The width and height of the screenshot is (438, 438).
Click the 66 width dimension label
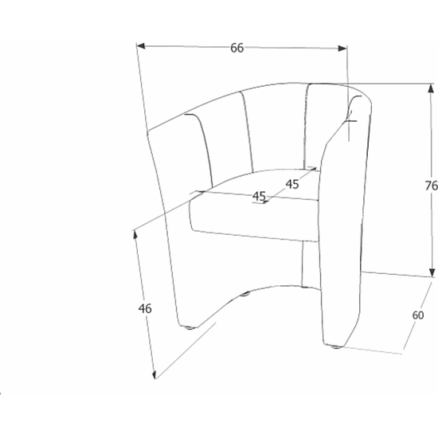(x=237, y=48)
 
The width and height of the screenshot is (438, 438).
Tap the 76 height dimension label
(x=432, y=186)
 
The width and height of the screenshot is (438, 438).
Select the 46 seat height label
(x=145, y=308)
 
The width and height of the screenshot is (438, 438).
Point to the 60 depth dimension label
(x=418, y=315)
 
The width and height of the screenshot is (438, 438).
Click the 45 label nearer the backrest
(x=292, y=184)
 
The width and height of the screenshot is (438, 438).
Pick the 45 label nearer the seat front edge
(x=259, y=197)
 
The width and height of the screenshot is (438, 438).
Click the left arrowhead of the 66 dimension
(x=141, y=46)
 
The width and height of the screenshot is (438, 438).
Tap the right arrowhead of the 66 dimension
(x=342, y=49)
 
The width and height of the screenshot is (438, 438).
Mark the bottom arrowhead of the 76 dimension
(x=432, y=272)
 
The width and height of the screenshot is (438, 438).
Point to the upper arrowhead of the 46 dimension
(x=135, y=235)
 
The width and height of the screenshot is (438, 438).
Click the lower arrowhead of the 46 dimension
(x=154, y=374)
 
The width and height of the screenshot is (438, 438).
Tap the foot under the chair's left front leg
(x=190, y=327)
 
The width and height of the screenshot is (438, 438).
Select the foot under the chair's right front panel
(x=336, y=347)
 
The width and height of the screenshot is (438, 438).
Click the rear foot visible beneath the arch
(x=245, y=294)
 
